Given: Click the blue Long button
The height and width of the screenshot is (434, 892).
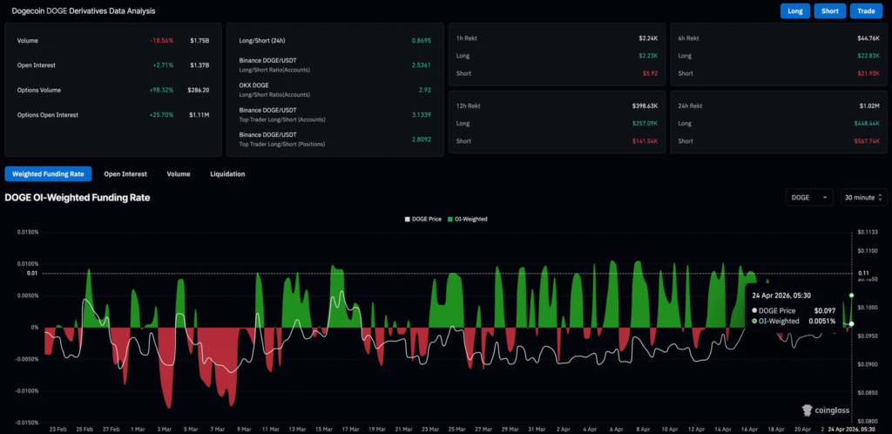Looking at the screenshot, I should click(x=794, y=11).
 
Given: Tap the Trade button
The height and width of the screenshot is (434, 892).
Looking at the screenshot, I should click(x=866, y=11).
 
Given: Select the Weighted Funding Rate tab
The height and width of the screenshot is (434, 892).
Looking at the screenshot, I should click(x=48, y=173).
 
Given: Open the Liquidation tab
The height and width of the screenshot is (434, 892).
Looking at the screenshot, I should click(x=227, y=173).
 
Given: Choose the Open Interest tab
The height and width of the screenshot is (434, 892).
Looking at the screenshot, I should click(x=125, y=173).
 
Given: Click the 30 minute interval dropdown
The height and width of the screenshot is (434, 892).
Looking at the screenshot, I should click(x=863, y=198).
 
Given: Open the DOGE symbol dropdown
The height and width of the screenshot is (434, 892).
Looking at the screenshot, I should click(x=809, y=198).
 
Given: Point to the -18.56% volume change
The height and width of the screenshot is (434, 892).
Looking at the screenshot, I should click(x=161, y=41).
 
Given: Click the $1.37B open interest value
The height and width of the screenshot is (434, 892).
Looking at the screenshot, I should click(x=199, y=65).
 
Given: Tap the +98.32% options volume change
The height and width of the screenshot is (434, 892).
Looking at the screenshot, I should click(x=161, y=90).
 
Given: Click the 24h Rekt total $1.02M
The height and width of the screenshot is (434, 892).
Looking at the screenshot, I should click(x=868, y=105).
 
